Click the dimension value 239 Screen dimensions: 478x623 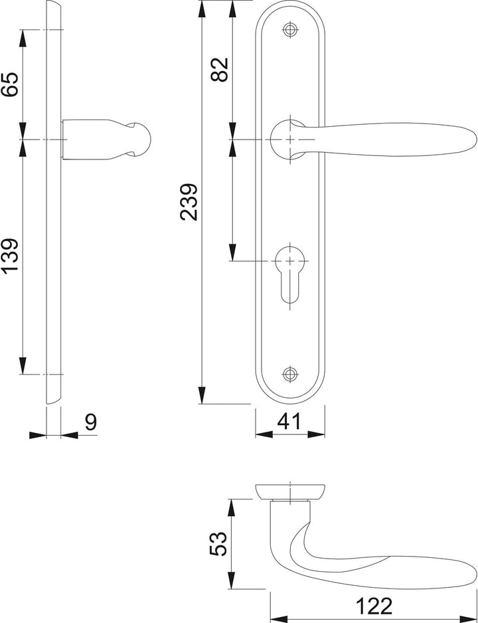[x=189, y=202]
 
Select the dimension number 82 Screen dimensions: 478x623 [x=220, y=70]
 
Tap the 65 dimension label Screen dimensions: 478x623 [x=10, y=84]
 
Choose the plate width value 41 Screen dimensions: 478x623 [x=289, y=422]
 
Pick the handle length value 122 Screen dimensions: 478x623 [x=374, y=606]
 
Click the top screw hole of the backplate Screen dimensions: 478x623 [x=290, y=29]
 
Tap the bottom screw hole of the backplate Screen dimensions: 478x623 [x=290, y=374]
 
